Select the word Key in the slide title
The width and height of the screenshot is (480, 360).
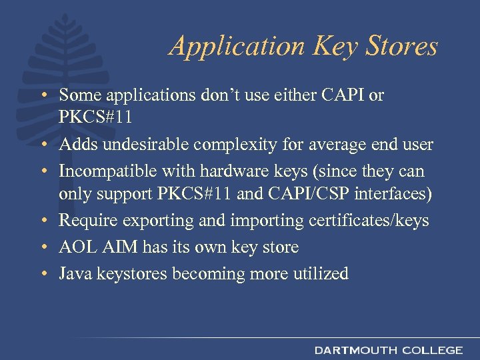[x=331, y=47]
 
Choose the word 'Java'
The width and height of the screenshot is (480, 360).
[x=73, y=273]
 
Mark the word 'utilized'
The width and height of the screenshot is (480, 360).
[x=319, y=273]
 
